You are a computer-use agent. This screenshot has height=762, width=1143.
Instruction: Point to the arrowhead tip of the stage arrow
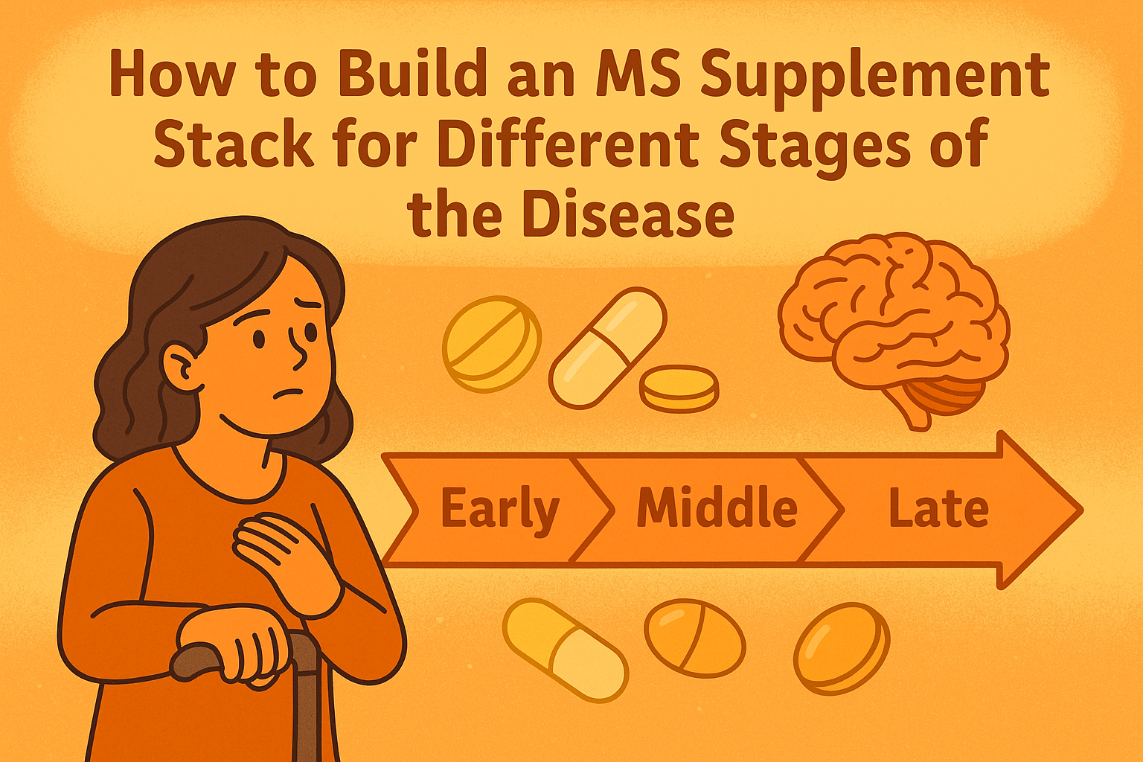point(1082,509)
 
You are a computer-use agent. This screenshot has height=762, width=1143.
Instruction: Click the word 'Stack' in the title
point(234,144)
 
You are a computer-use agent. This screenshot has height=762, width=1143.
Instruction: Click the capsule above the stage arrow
point(608,348)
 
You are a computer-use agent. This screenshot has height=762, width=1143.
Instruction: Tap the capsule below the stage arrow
point(566,649)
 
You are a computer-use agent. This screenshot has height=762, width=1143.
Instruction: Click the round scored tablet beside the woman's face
point(492,344)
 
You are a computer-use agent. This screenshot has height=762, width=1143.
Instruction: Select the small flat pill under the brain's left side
point(679,388)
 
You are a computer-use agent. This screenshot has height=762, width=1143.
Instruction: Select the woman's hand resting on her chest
point(286,557)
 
